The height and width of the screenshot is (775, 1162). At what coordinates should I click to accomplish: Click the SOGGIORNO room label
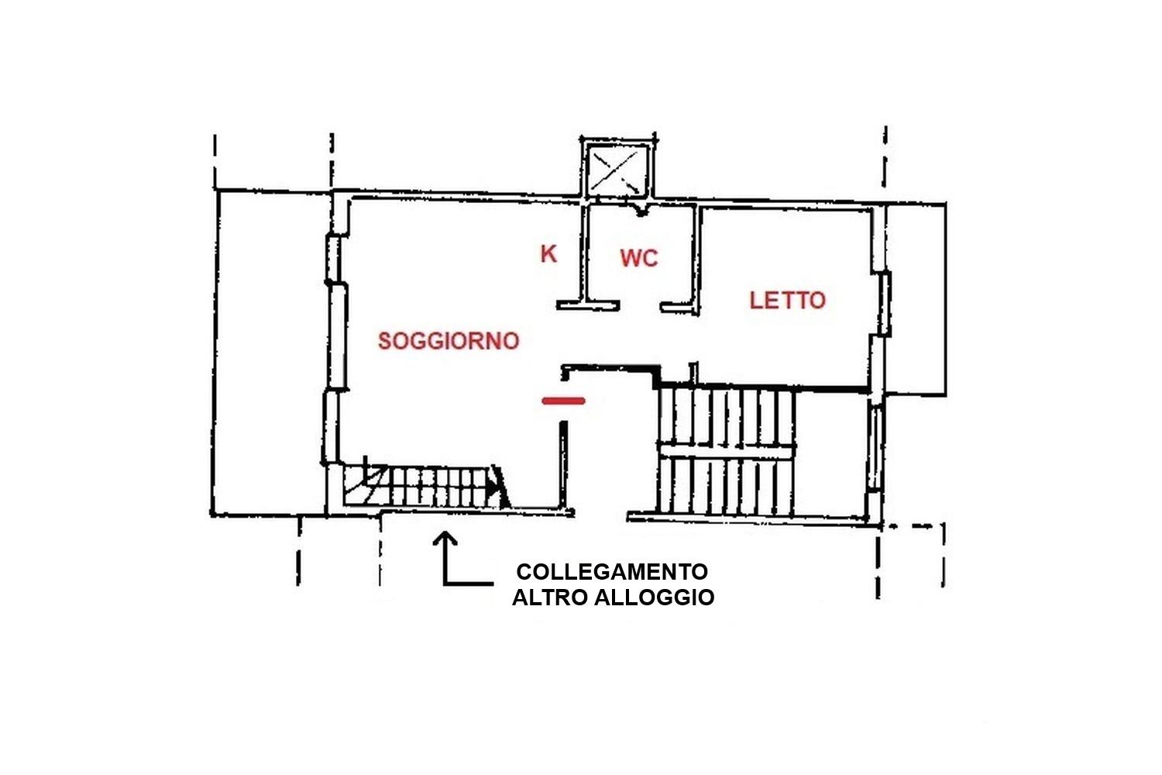(x=449, y=341)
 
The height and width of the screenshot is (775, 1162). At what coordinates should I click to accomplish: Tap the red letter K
(x=548, y=254)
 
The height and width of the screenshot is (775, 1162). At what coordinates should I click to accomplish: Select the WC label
(x=639, y=258)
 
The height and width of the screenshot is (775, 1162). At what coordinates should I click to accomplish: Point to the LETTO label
(x=788, y=301)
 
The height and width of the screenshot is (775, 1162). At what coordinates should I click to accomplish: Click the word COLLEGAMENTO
(x=612, y=572)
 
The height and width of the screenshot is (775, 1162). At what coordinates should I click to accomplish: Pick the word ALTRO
(x=549, y=598)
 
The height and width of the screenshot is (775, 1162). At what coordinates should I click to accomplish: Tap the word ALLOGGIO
(x=654, y=598)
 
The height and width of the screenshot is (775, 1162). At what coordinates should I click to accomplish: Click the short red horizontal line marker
(x=563, y=401)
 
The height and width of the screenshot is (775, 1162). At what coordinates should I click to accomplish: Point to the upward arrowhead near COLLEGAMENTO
(x=445, y=539)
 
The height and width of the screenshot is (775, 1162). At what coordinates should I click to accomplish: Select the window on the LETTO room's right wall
(x=884, y=303)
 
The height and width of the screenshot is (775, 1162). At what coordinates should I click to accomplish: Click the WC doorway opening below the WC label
(x=640, y=306)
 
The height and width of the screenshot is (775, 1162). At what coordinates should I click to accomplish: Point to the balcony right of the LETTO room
(x=916, y=299)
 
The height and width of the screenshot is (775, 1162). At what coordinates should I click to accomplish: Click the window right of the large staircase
(x=876, y=448)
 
